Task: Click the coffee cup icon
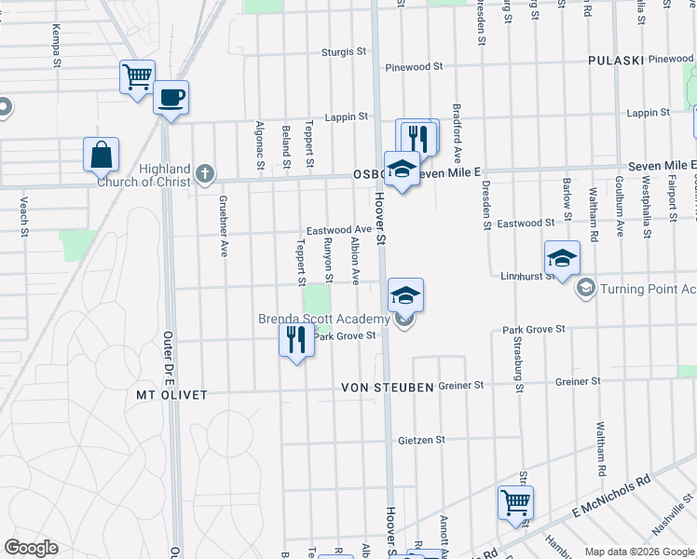(171, 96)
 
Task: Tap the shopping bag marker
(101, 155)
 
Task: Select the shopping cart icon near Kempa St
(137, 76)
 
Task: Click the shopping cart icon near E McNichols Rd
(515, 502)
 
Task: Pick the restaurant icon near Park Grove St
(296, 339)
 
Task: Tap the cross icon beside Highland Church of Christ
(205, 173)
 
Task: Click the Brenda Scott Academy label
(322, 320)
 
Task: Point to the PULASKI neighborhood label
(617, 61)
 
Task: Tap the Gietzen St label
(421, 440)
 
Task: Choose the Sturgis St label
(345, 53)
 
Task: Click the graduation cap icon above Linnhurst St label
(562, 258)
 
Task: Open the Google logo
(31, 548)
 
